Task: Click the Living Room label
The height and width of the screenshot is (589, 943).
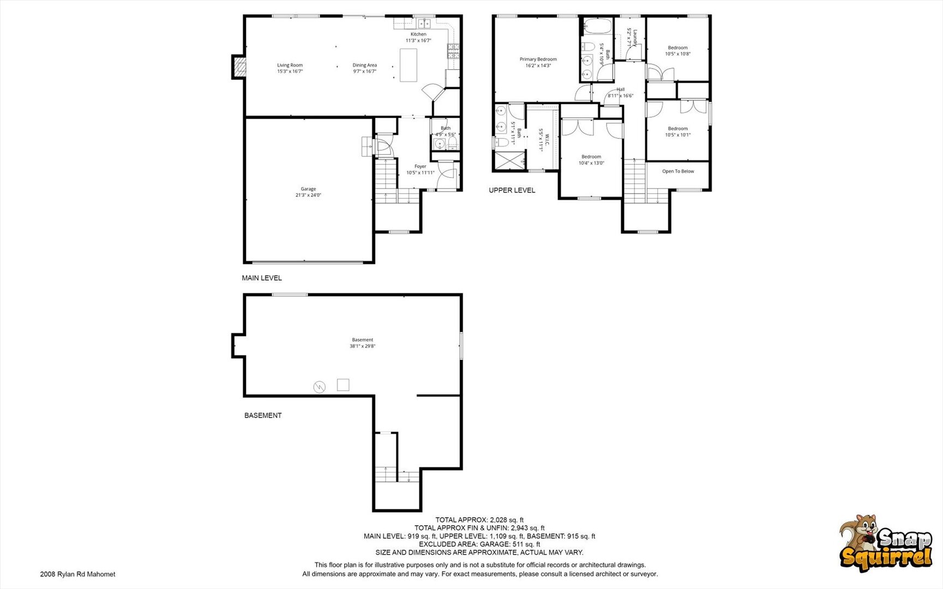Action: (x=290, y=65)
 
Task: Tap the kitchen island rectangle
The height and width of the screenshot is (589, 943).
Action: (x=409, y=65)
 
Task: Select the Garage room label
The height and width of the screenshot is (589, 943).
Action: (x=308, y=189)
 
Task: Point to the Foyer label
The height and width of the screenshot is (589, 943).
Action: (x=420, y=166)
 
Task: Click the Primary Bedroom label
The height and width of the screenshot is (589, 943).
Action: (x=538, y=59)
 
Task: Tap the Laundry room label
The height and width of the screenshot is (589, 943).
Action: (x=634, y=37)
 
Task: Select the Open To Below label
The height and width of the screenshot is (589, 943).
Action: (x=678, y=171)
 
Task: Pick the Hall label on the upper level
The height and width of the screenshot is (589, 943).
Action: (x=621, y=89)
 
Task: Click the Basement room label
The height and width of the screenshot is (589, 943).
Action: (x=363, y=340)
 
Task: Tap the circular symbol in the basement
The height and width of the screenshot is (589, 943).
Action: (x=319, y=387)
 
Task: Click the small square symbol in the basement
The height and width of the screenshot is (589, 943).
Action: (x=343, y=384)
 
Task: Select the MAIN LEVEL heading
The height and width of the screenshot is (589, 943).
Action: (x=262, y=278)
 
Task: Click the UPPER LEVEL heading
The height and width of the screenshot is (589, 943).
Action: (x=512, y=190)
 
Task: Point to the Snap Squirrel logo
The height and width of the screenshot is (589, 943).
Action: (x=886, y=543)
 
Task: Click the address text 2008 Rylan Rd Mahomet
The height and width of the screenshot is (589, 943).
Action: (x=78, y=574)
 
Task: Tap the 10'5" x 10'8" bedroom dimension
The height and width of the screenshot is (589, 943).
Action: (x=678, y=54)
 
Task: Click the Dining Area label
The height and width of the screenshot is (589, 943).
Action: (x=364, y=65)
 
